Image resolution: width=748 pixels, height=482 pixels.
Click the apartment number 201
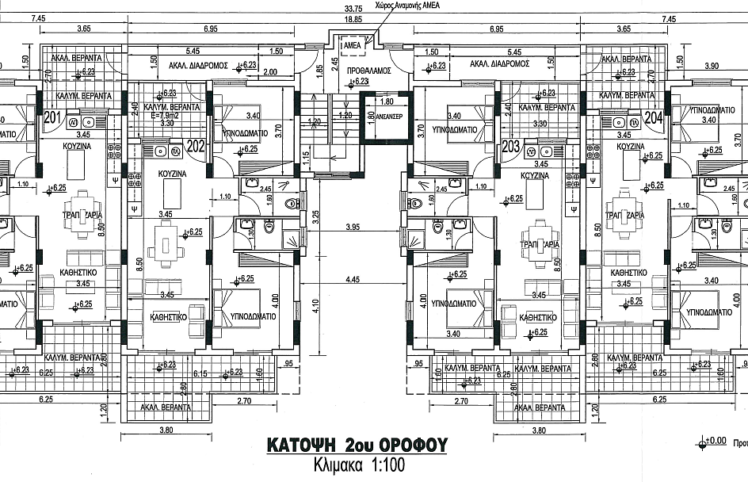(53, 120)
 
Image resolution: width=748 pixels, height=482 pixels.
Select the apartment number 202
(196, 146)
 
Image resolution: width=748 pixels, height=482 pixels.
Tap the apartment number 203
(510, 146)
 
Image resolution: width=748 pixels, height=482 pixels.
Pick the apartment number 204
(653, 120)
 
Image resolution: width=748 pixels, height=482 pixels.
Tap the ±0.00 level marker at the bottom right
(716, 441)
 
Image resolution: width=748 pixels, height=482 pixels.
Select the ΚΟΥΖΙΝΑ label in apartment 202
(171, 173)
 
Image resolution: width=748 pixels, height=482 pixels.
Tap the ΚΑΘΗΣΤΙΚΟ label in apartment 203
(536, 316)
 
